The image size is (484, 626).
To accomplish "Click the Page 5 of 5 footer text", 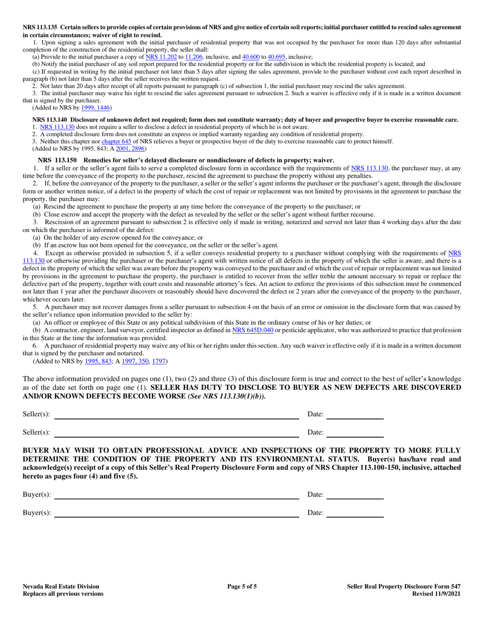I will click(x=242, y=586).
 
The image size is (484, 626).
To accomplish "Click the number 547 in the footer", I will click(x=455, y=586).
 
